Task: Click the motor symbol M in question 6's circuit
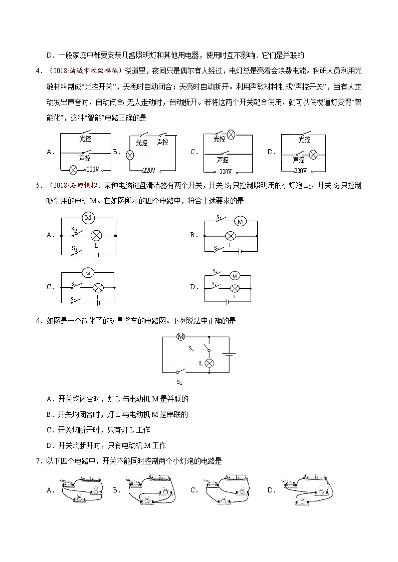tap(181, 337)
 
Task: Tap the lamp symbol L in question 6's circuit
tap(211, 363)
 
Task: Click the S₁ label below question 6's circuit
tap(179, 382)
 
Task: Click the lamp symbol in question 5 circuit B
tap(230, 235)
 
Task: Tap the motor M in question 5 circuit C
tap(88, 273)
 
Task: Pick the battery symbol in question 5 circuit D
tap(229, 302)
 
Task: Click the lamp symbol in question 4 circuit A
tap(72, 170)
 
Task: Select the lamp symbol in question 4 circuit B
tap(129, 155)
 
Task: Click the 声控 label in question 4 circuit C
tap(223, 160)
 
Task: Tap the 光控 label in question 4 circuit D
tap(304, 139)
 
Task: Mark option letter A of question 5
tap(49, 235)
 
